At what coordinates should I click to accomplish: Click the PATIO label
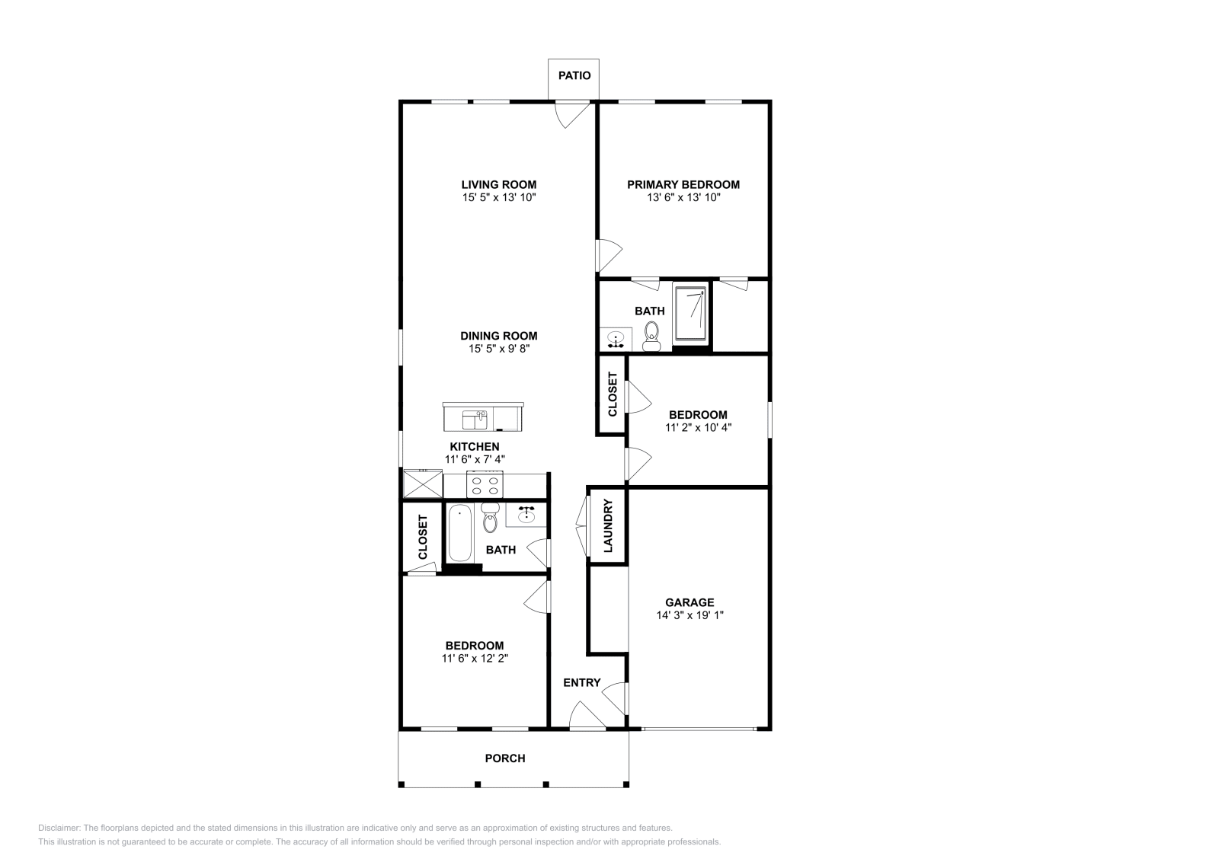(x=574, y=75)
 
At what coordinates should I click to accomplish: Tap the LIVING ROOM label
(x=499, y=185)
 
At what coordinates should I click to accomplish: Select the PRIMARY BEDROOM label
(x=683, y=185)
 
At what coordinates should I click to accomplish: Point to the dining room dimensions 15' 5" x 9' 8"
(x=499, y=349)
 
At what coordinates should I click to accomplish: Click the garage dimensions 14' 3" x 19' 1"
(x=690, y=615)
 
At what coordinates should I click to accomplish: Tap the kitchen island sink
(x=475, y=420)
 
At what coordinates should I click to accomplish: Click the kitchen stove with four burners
(x=485, y=484)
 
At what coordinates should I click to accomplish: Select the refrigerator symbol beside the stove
(x=423, y=484)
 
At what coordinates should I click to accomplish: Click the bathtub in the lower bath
(x=460, y=533)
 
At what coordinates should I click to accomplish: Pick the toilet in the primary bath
(x=651, y=337)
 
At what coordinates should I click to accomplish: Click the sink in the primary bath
(x=616, y=340)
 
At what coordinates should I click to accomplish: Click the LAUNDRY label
(x=609, y=526)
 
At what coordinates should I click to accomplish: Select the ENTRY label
(x=582, y=683)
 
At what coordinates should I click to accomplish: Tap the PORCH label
(x=505, y=758)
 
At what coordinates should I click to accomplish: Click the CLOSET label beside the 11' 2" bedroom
(x=613, y=394)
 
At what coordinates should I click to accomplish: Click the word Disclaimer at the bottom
(x=59, y=828)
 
